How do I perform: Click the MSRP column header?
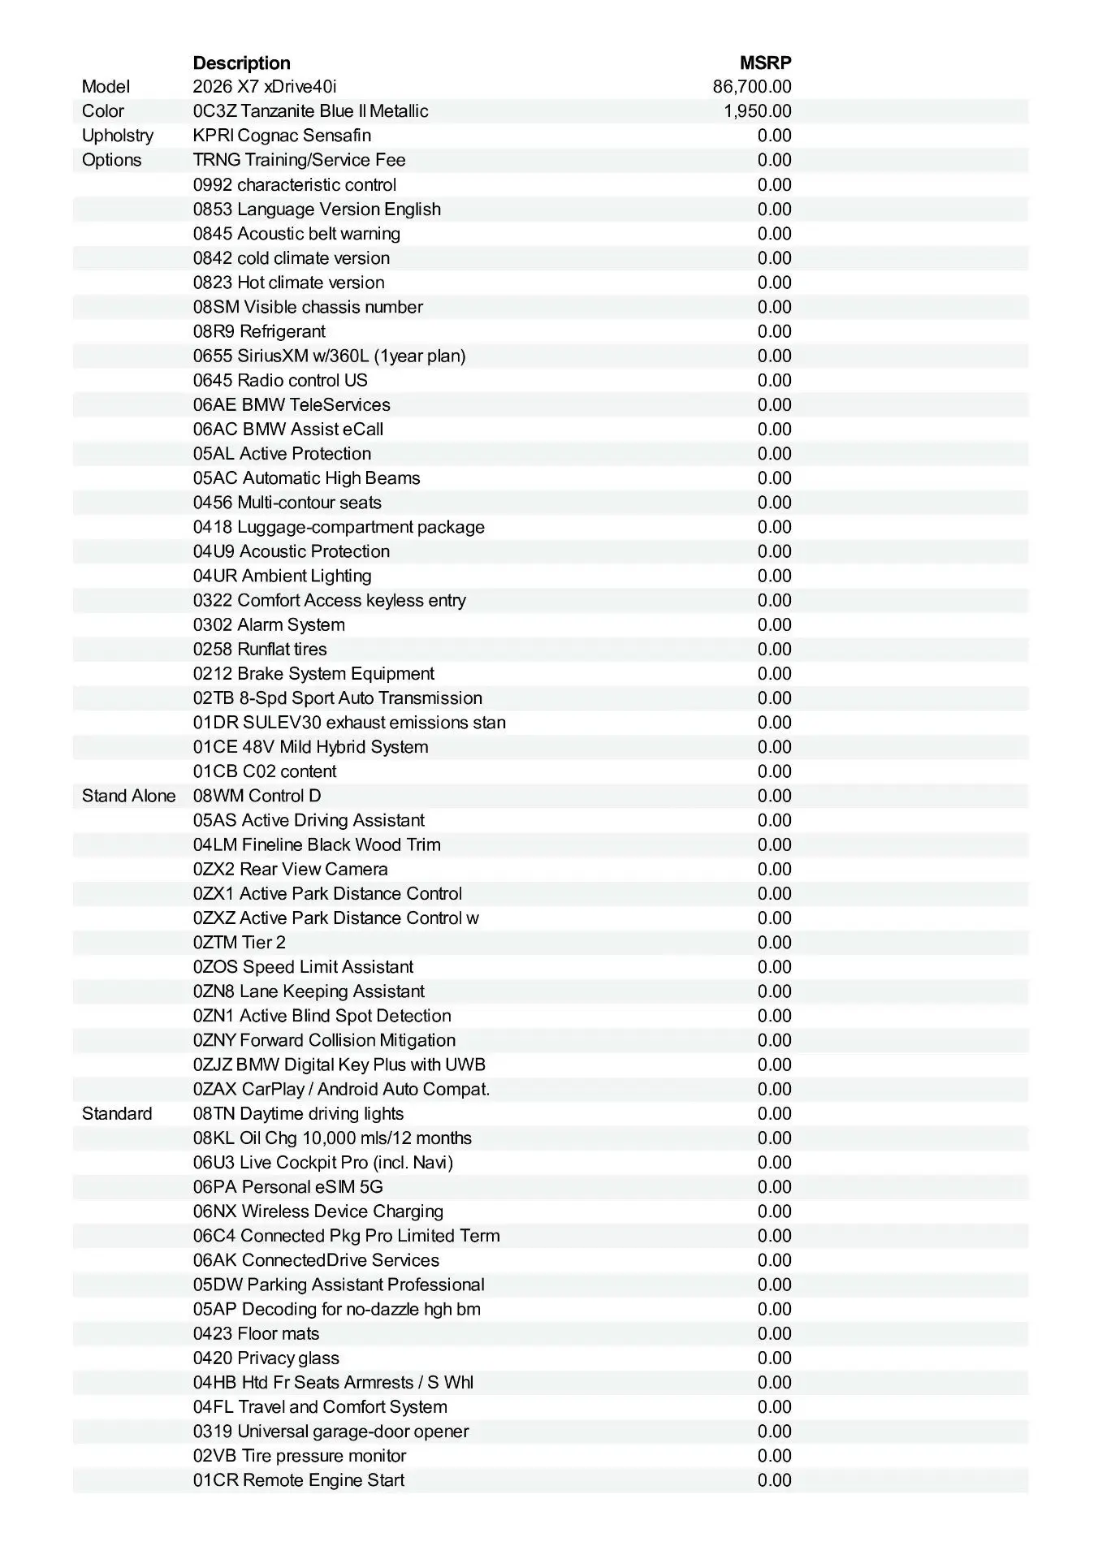(x=765, y=63)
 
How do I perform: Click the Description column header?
(x=241, y=63)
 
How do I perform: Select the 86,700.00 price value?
(x=752, y=87)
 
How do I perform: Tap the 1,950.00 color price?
(x=758, y=111)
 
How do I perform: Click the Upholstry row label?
(x=118, y=136)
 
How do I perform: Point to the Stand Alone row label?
(x=128, y=796)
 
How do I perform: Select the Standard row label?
(x=117, y=1113)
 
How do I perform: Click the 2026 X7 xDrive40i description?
(x=265, y=87)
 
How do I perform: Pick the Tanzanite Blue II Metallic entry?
(x=310, y=111)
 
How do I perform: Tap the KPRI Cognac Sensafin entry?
(x=282, y=136)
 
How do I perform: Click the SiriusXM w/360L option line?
(x=329, y=356)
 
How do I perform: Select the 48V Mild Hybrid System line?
(x=310, y=747)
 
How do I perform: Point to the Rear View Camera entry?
(x=290, y=869)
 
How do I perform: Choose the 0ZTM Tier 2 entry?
(x=239, y=942)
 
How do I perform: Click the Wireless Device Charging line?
(x=318, y=1211)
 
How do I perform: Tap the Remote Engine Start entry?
(x=298, y=1480)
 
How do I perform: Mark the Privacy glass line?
(x=266, y=1358)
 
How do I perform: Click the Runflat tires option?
(x=260, y=649)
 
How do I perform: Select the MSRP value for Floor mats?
(x=774, y=1333)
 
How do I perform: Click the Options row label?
(x=111, y=160)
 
